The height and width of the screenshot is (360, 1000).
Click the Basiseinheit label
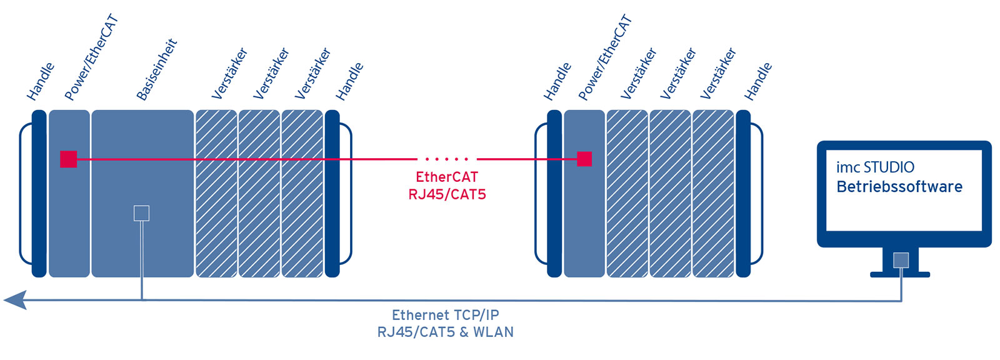(157, 69)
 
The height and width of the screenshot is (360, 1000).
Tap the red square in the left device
(69, 159)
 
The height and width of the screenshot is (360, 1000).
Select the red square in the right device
(584, 159)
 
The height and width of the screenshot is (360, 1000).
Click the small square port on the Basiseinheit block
(142, 213)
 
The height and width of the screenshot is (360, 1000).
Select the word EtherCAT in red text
(447, 177)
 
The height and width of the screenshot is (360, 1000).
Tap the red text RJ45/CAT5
(447, 194)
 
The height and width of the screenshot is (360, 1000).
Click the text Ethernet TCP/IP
(445, 315)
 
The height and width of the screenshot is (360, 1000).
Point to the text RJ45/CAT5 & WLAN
(445, 332)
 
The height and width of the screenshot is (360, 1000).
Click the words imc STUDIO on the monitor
(875, 167)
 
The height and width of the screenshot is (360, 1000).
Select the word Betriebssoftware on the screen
(899, 187)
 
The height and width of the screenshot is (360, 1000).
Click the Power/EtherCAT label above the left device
(91, 58)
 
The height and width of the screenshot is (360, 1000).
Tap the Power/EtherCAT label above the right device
(605, 58)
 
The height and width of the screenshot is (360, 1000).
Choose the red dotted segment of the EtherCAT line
(446, 159)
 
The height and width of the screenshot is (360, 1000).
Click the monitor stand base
(901, 274)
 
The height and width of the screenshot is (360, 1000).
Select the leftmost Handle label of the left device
(41, 81)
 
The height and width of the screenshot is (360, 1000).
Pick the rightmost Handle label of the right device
(757, 81)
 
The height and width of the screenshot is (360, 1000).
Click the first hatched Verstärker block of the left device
(216, 194)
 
